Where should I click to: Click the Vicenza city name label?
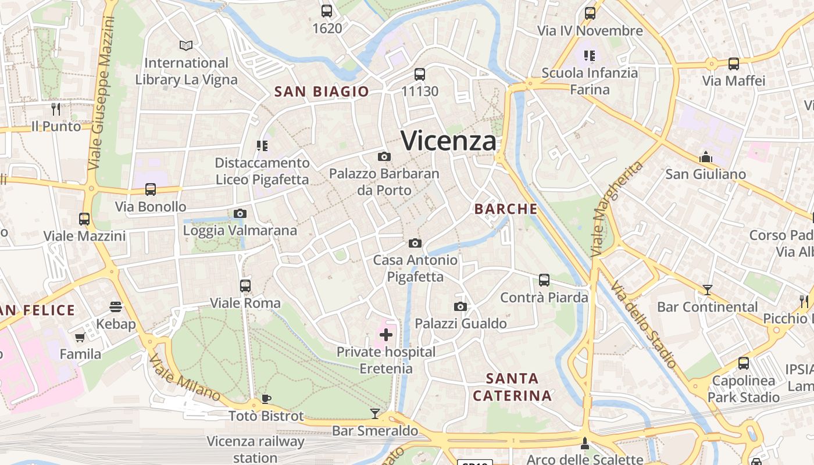(449, 141)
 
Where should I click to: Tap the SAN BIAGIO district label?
(322, 91)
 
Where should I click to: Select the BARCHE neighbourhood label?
(506, 209)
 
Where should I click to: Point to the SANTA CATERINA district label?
(512, 387)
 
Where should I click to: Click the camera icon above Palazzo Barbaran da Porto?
(384, 156)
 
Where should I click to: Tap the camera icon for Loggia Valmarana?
(240, 214)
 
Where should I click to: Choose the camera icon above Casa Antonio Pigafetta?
(415, 243)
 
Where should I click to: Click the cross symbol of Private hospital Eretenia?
(386, 334)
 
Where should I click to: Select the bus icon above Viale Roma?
(245, 286)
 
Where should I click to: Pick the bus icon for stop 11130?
(420, 74)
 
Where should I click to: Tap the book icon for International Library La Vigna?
(186, 45)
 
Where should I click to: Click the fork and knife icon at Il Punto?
(56, 109)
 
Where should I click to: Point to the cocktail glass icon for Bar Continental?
(707, 289)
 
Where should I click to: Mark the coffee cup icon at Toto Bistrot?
(266, 399)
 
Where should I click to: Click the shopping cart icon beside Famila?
(80, 337)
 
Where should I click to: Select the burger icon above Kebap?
(116, 306)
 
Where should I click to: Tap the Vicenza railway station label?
(255, 449)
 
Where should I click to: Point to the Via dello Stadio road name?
(644, 324)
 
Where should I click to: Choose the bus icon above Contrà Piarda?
(544, 280)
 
